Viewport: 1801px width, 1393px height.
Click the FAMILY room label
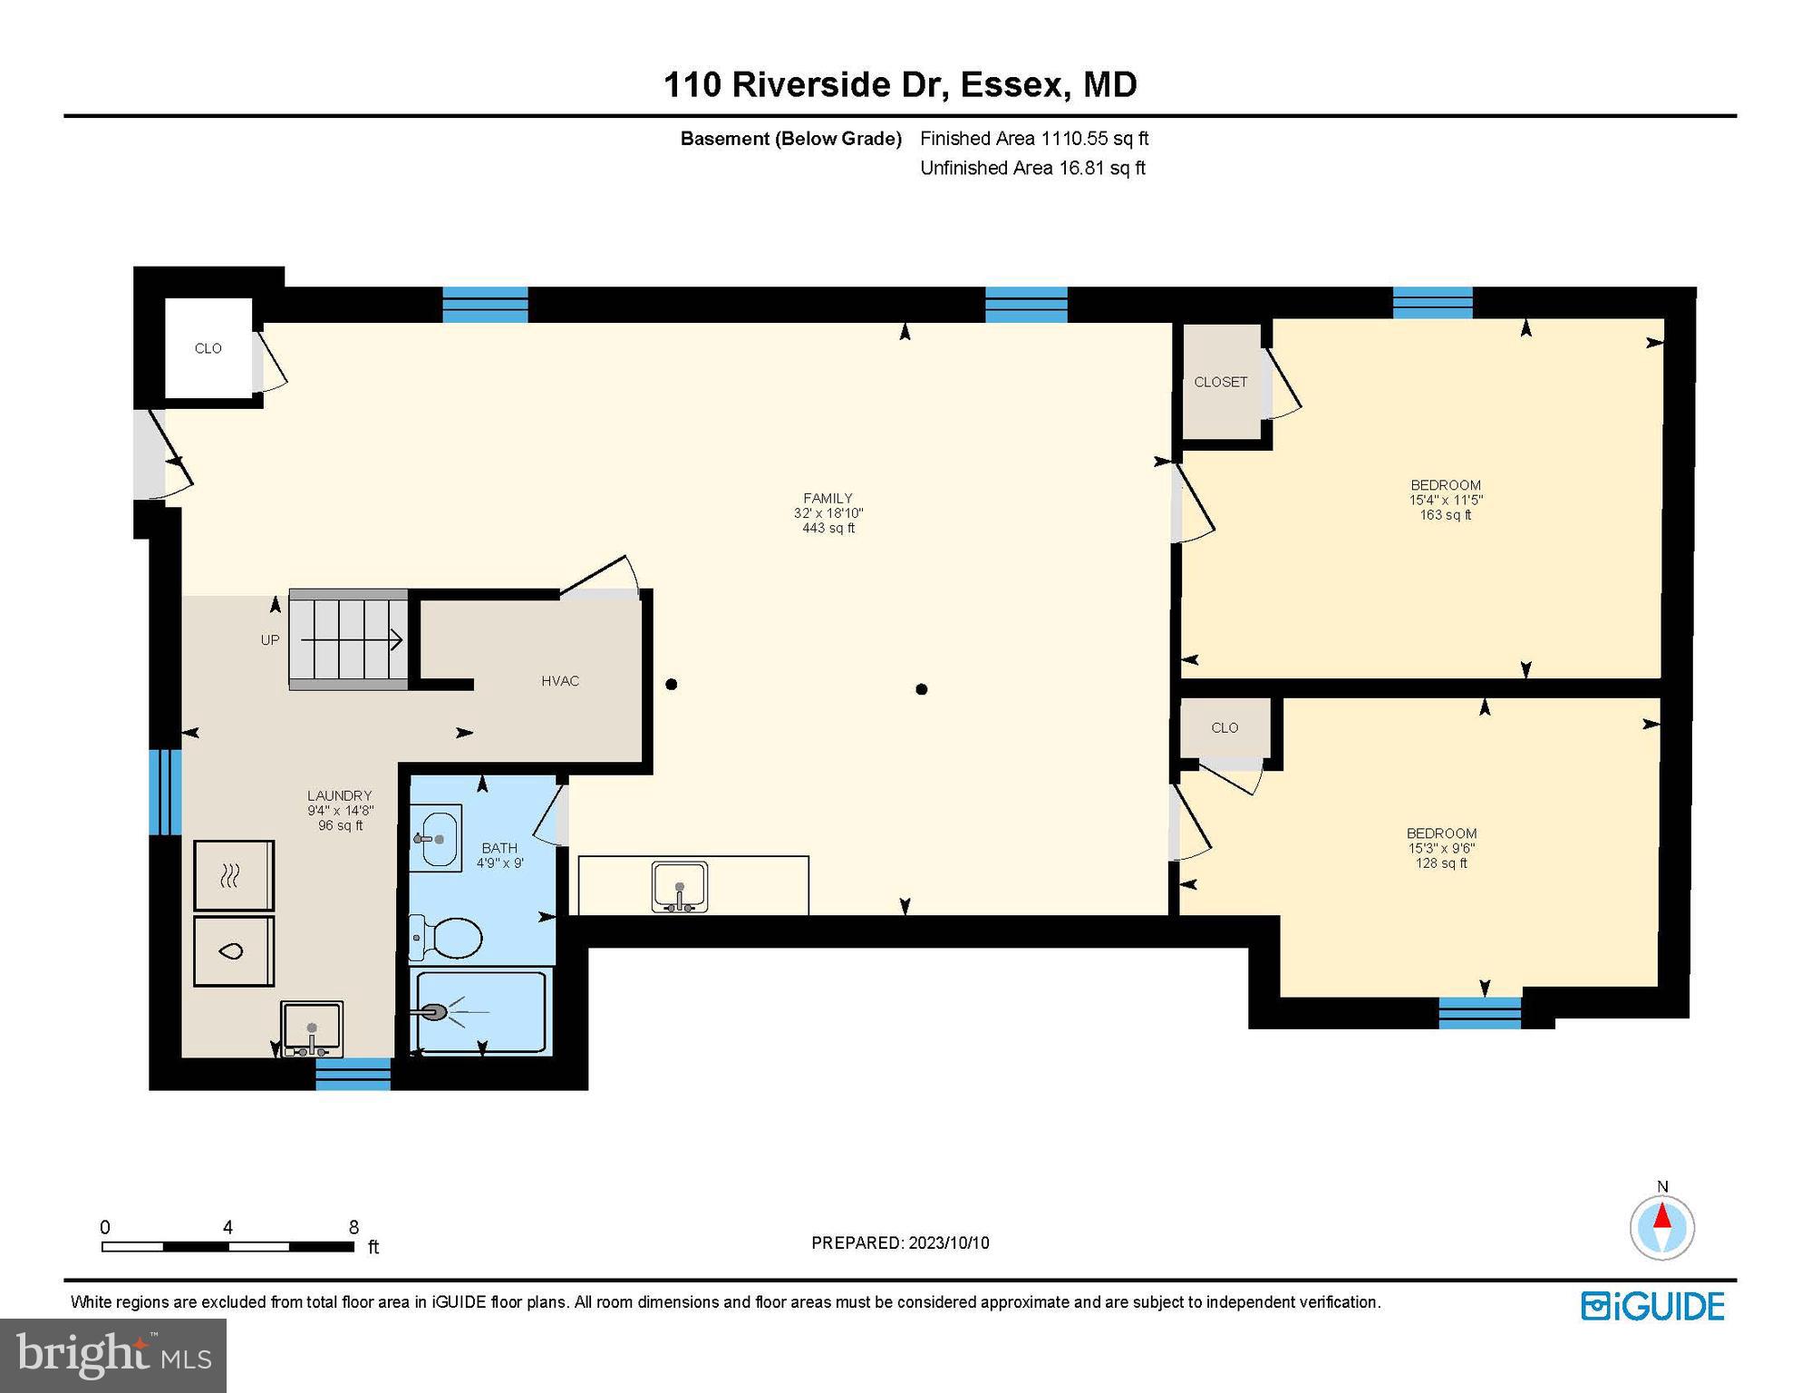point(827,498)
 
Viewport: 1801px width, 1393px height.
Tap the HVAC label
point(559,681)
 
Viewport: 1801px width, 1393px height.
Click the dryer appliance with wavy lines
point(233,876)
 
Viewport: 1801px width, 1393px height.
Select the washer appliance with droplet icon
point(233,951)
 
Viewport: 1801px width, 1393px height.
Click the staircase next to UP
point(348,640)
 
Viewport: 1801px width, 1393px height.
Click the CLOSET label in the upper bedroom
point(1220,382)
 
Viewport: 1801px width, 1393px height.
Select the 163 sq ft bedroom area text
point(1445,515)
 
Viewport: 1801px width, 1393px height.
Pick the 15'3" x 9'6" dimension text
point(1441,849)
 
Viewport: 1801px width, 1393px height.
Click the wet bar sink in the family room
point(679,886)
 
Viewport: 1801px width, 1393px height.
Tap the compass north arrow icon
point(1661,1226)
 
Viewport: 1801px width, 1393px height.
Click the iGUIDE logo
point(1652,1306)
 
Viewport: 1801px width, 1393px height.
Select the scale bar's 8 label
point(353,1227)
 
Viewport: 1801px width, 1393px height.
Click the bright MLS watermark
point(113,1355)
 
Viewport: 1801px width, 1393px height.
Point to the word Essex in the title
point(1010,84)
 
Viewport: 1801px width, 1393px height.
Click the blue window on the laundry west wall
point(165,792)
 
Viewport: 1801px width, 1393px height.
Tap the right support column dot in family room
point(921,689)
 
